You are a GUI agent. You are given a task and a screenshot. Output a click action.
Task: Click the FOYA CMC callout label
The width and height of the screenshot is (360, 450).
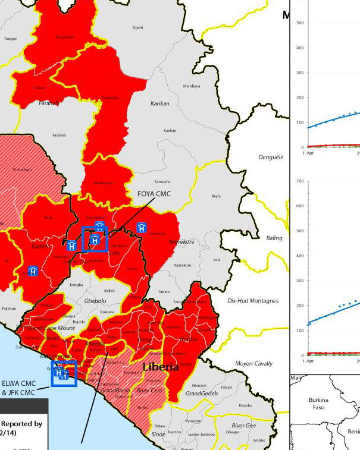154,194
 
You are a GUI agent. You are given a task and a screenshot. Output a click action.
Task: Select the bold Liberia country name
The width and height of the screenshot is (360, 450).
160,367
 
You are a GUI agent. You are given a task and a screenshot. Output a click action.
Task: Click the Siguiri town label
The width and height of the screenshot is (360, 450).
138,27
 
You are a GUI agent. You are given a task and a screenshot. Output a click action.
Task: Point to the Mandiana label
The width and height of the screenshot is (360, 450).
192,86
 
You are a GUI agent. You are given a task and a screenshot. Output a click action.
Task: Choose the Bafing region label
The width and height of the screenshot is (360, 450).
274,238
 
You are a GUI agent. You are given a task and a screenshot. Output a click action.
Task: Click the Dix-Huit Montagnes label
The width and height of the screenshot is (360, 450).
253,301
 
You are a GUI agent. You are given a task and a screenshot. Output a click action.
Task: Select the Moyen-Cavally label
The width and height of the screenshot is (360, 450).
254,363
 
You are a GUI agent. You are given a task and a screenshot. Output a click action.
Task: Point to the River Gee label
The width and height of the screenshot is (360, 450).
243,426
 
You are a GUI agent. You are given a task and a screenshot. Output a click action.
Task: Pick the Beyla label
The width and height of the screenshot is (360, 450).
216,196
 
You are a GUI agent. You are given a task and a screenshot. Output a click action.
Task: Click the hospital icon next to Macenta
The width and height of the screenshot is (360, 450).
142,228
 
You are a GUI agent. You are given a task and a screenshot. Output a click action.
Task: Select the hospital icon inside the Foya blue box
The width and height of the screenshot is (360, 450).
94,240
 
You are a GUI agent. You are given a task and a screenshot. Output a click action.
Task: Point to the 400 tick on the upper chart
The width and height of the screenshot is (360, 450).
299,48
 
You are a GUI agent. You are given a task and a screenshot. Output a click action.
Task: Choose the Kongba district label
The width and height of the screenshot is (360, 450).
77,285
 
